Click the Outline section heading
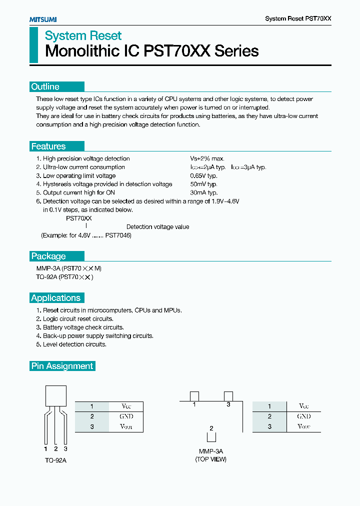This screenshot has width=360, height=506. point(45,86)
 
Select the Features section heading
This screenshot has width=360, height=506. point(48,146)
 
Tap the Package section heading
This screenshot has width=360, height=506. point(48,256)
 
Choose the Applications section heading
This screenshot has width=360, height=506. point(55,298)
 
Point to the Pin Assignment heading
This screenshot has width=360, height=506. point(62,366)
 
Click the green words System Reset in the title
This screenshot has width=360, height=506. point(83,36)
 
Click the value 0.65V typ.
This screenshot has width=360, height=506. point(203,175)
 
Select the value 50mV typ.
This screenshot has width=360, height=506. point(203,184)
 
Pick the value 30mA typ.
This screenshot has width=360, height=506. point(203,192)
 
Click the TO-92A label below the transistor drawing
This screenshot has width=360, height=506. point(55,460)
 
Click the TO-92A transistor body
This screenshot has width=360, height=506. point(55,396)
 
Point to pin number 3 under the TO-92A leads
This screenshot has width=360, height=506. point(65,448)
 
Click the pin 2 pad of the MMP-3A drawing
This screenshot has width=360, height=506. point(211,436)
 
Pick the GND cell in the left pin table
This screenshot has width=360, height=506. point(126,416)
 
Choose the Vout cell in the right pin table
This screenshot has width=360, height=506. point(303,426)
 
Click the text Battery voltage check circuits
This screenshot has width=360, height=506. point(83,327)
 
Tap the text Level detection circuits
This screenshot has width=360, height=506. point(74,344)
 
